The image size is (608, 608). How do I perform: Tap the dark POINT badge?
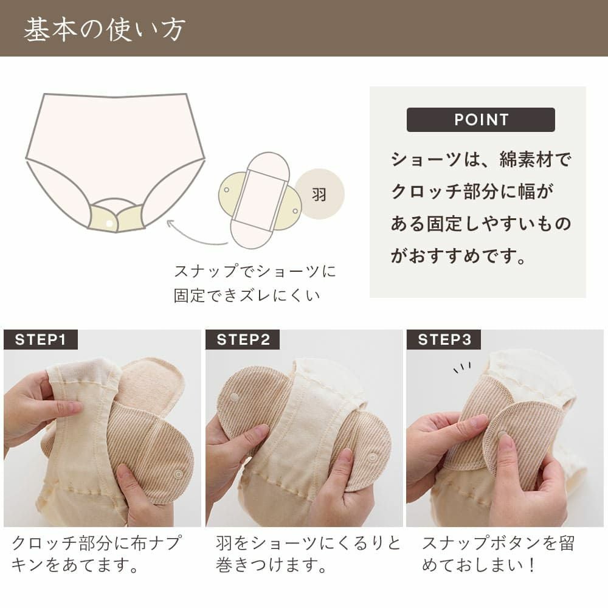click(480, 120)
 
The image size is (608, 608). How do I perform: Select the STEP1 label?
click(41, 339)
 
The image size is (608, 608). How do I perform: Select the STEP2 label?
click(243, 339)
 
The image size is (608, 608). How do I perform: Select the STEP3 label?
click(444, 339)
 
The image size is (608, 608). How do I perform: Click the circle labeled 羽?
click(319, 195)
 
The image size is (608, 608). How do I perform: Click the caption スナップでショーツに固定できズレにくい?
click(255, 283)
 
